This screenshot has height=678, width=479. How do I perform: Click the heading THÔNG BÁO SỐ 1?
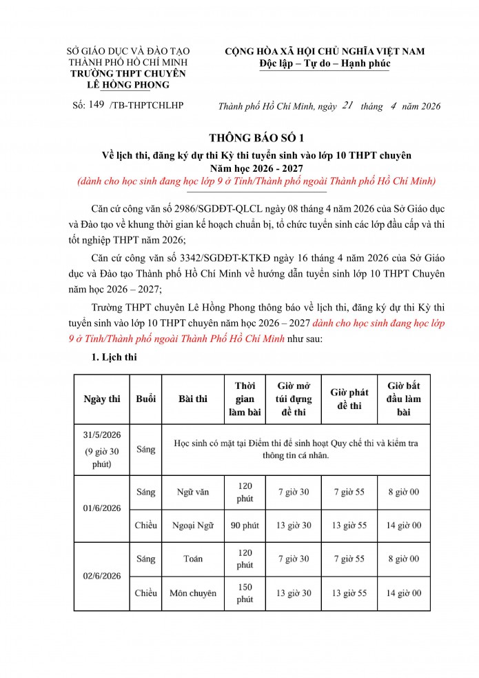pyautogui.click(x=239, y=137)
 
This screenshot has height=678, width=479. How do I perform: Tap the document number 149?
pyautogui.click(x=96, y=104)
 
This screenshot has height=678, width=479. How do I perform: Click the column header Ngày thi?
pyautogui.click(x=101, y=399)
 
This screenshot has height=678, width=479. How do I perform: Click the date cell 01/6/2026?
pyautogui.click(x=101, y=508)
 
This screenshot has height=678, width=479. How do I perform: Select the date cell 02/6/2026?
pyautogui.click(x=101, y=576)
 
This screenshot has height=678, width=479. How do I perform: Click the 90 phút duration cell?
pyautogui.click(x=245, y=526)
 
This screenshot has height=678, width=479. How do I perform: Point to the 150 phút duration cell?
pyautogui.click(x=245, y=593)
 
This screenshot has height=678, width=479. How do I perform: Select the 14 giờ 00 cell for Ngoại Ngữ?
pyautogui.click(x=404, y=526)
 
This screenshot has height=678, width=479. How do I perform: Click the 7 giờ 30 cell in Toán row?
pyautogui.click(x=294, y=559)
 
